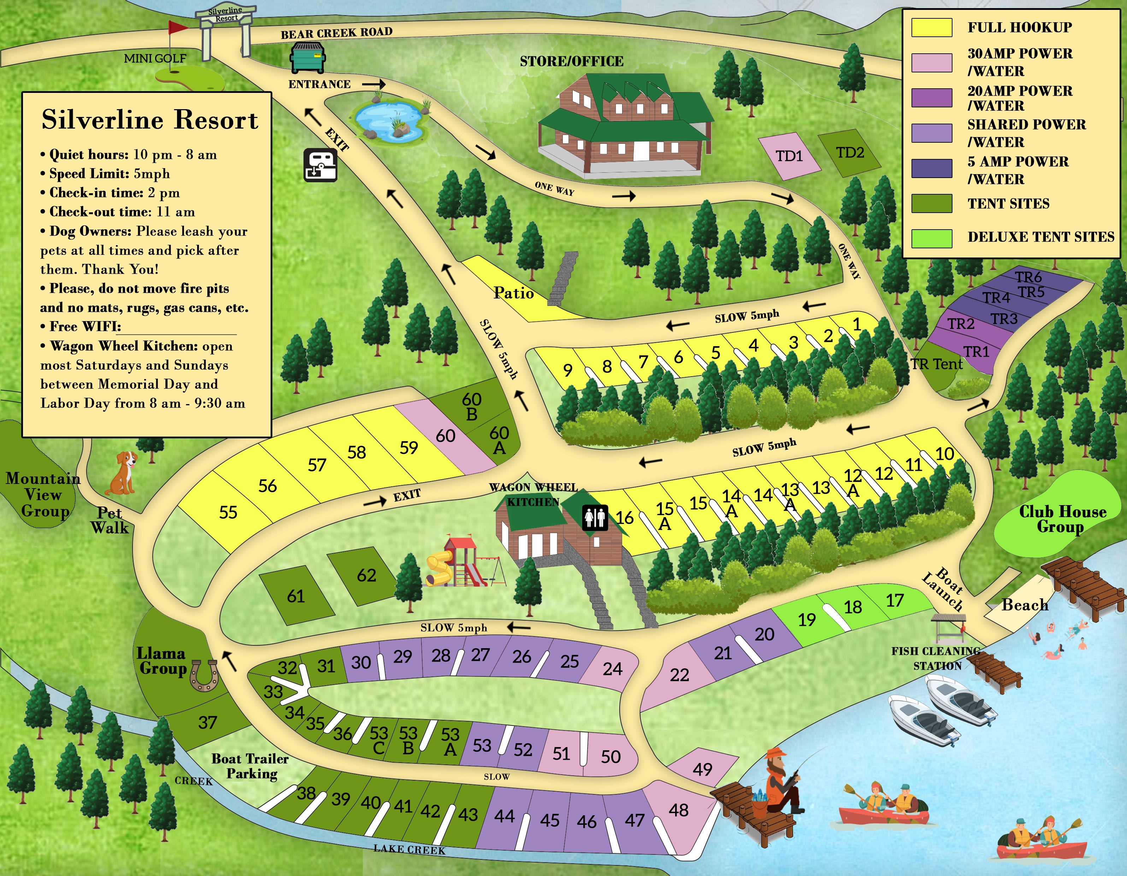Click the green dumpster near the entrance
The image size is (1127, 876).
tap(308, 58)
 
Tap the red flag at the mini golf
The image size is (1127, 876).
tap(178, 27)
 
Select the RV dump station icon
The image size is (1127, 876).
tap(320, 165)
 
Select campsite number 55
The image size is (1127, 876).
tap(228, 512)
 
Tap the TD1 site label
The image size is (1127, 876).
tap(789, 156)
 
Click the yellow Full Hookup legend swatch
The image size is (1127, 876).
tap(931, 27)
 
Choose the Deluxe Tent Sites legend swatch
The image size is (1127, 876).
tap(931, 238)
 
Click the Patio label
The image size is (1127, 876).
tap(513, 293)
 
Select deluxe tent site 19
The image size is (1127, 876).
tap(807, 620)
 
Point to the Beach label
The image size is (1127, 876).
tap(1024, 605)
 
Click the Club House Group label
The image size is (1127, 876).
tap(1062, 519)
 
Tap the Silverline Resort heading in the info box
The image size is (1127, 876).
tap(150, 120)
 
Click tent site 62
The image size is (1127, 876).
tap(366, 575)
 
